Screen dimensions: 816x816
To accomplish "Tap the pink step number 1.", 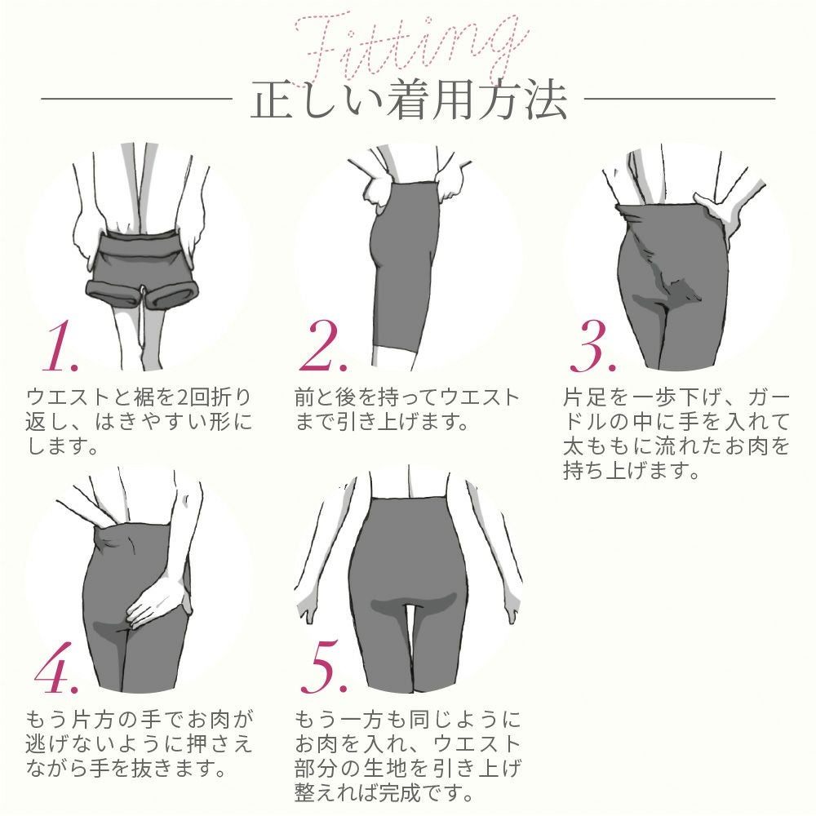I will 59,347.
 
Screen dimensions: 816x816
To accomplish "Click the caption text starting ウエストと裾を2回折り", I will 140,422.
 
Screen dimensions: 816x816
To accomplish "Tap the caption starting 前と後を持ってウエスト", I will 406,410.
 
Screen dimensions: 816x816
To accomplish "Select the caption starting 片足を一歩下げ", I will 676,434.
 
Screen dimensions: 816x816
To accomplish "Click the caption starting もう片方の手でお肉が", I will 140,743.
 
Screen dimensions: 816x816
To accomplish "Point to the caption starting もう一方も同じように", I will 407,755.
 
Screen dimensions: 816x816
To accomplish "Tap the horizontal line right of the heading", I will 680,100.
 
